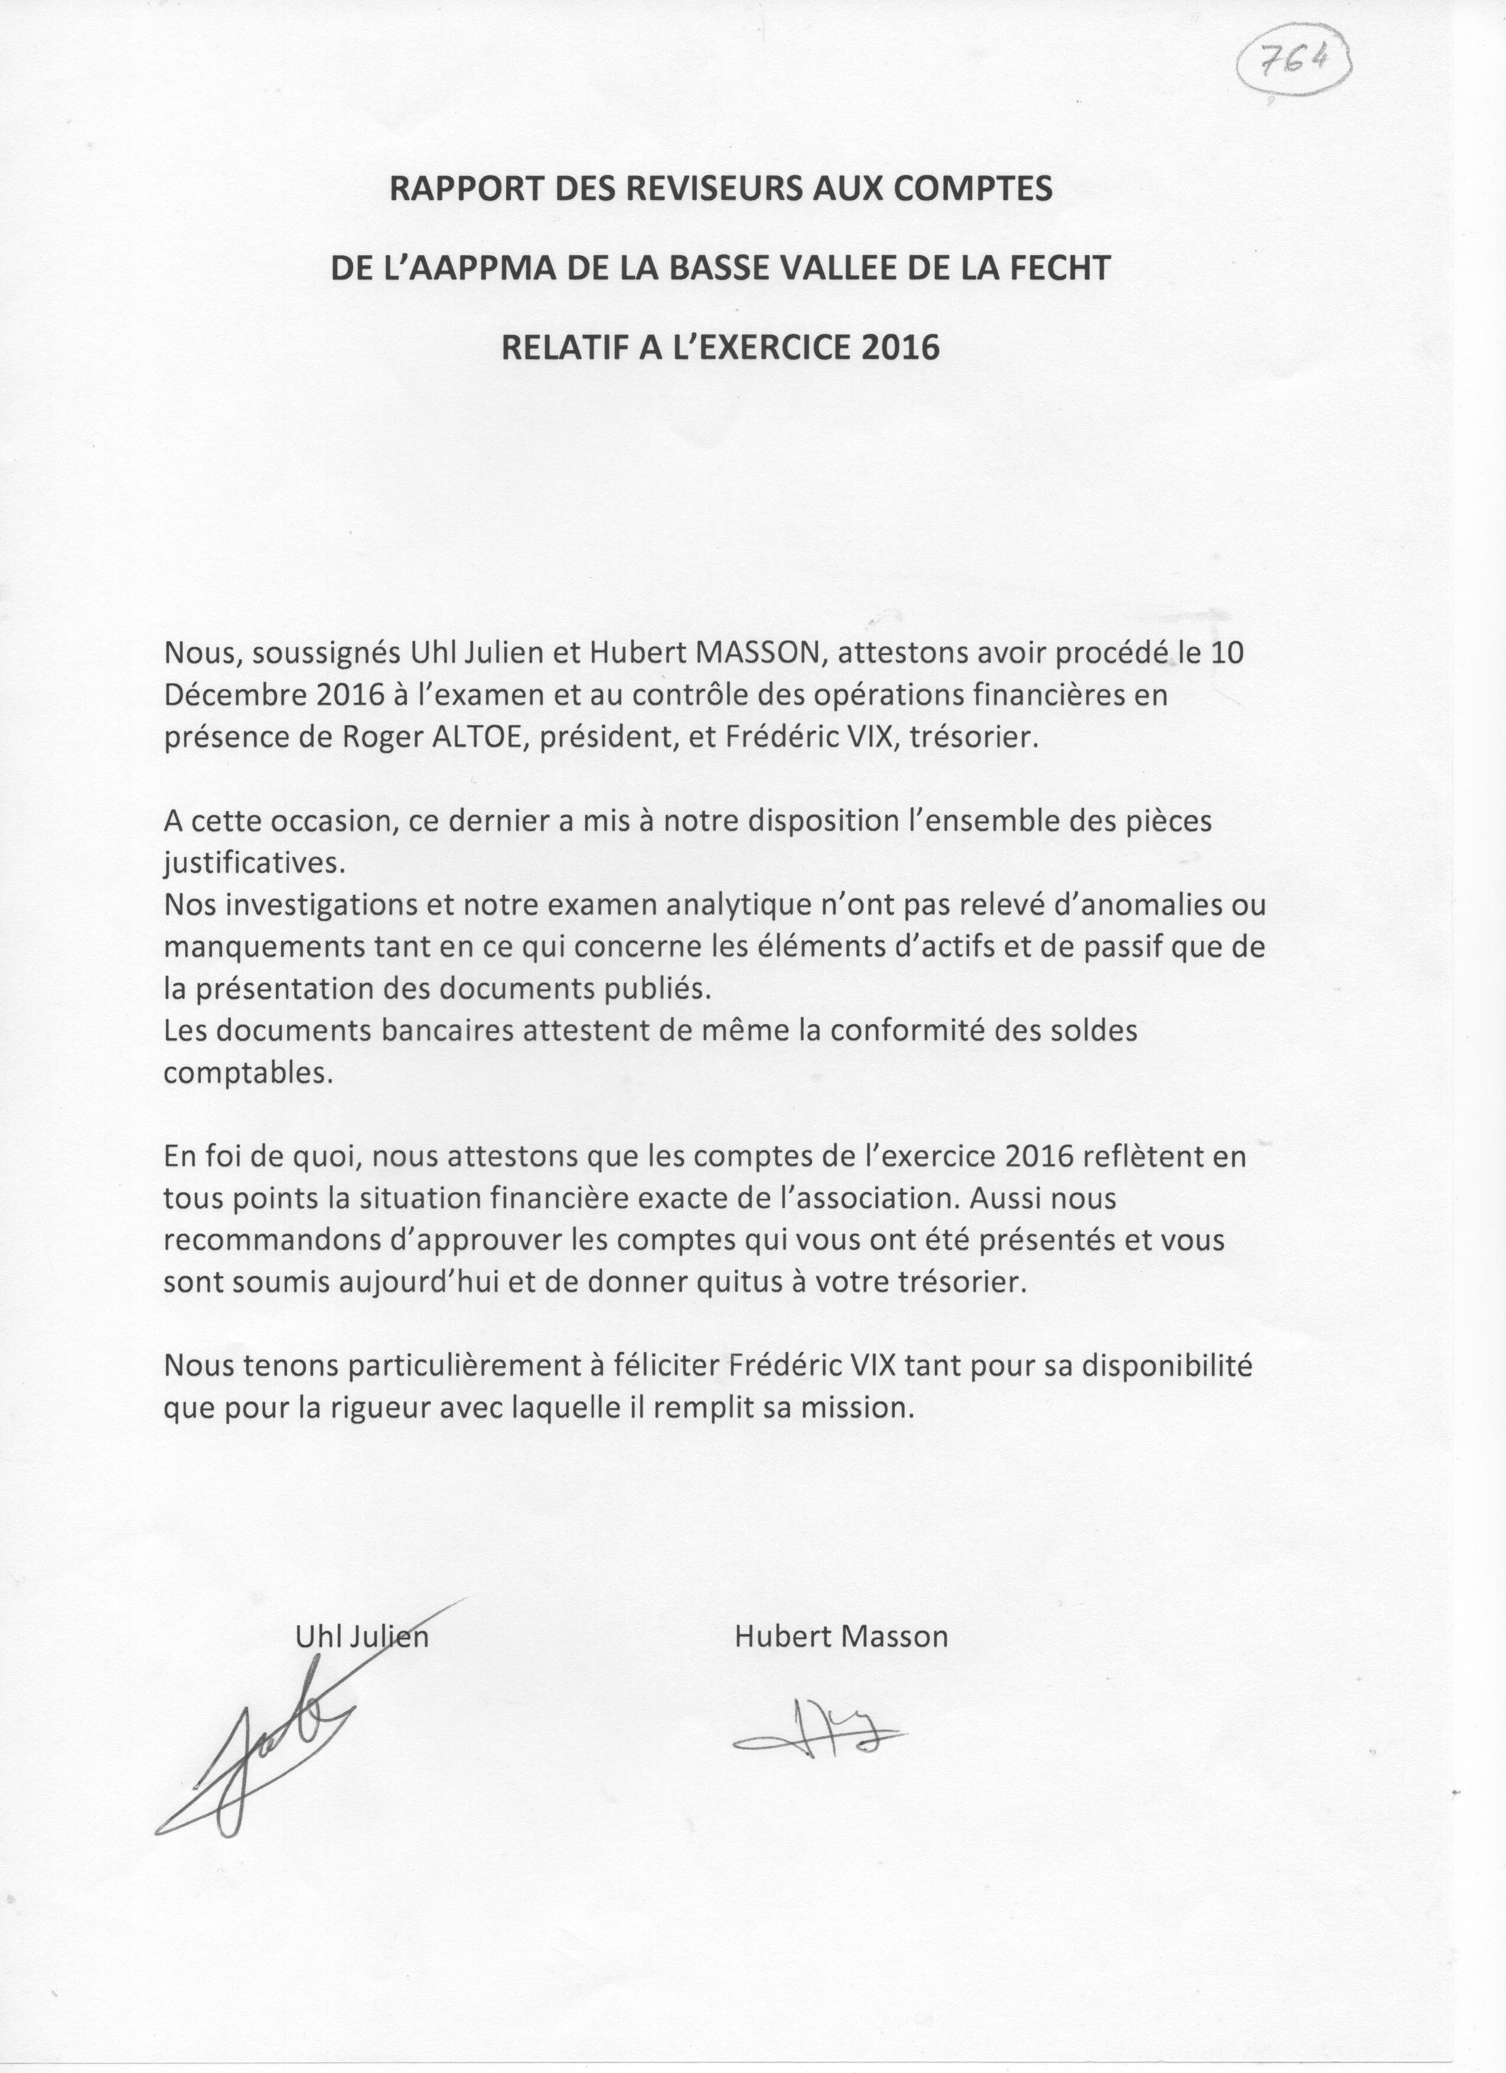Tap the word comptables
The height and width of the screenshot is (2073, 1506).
click(247, 1073)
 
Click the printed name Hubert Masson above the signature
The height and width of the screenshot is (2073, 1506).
click(841, 1636)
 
